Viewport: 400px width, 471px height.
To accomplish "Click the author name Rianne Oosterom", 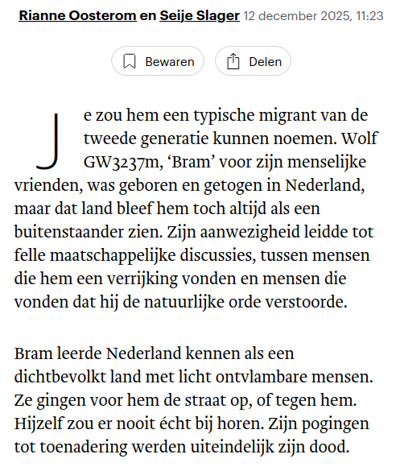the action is click(x=71, y=16).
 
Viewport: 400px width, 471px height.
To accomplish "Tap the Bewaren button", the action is click(x=158, y=61).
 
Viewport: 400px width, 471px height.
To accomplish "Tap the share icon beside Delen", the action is click(x=233, y=61).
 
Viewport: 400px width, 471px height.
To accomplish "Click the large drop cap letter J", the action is click(x=47, y=140).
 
